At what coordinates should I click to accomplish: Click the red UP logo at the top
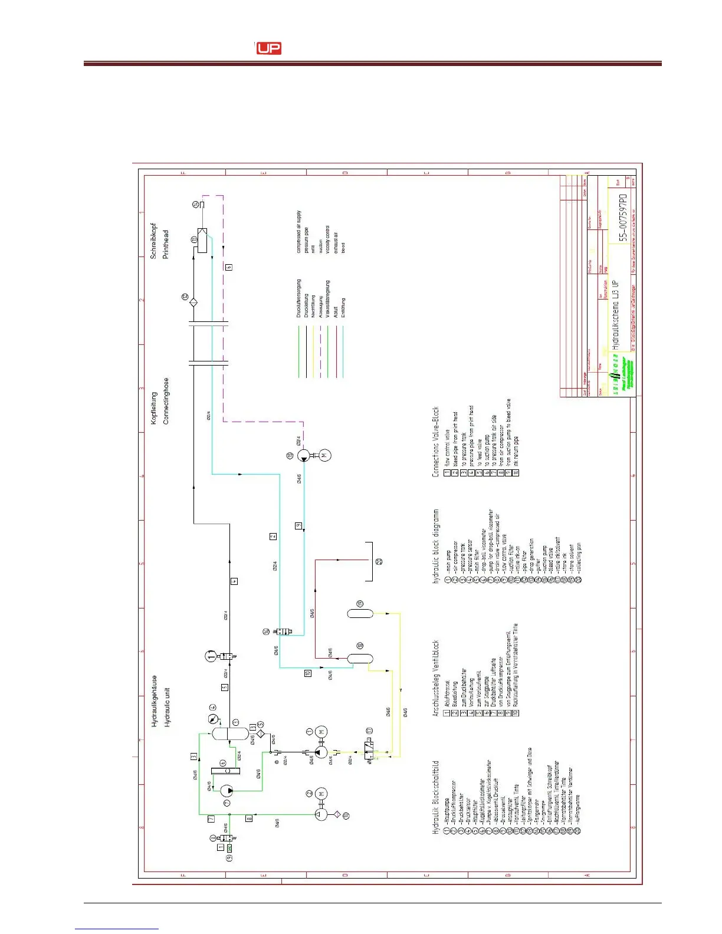tap(268, 48)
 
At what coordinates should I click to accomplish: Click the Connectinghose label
tap(166, 400)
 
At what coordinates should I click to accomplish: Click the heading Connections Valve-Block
tap(436, 442)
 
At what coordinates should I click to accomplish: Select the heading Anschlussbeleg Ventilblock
tap(436, 678)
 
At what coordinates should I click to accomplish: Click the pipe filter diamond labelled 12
tap(193, 302)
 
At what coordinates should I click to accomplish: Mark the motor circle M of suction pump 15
tap(324, 455)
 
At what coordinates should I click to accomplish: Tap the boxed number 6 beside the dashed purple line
tap(229, 267)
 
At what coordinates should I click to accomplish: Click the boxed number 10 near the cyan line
tap(307, 673)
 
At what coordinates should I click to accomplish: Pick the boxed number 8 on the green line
tap(249, 818)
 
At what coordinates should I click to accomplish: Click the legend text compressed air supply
tap(298, 232)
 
